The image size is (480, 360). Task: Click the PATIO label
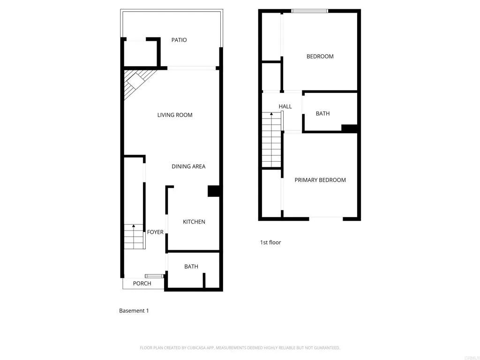(x=179, y=40)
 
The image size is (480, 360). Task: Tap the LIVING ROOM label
(x=175, y=115)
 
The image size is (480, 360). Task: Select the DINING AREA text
(x=188, y=166)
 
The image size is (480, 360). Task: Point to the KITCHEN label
(x=194, y=222)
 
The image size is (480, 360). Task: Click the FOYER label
(x=155, y=232)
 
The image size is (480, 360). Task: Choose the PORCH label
(x=142, y=284)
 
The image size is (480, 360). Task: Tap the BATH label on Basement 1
(x=191, y=267)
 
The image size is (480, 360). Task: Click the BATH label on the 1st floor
(x=322, y=114)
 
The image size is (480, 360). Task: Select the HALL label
(x=285, y=107)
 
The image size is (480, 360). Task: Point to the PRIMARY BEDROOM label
(x=320, y=180)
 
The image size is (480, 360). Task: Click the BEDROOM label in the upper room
(x=320, y=57)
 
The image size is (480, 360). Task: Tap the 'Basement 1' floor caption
(x=134, y=311)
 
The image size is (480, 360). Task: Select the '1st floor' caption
(x=270, y=243)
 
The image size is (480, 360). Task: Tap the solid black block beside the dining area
(x=214, y=191)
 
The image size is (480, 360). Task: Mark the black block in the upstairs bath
(x=349, y=128)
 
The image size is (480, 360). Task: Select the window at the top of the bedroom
(x=309, y=11)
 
